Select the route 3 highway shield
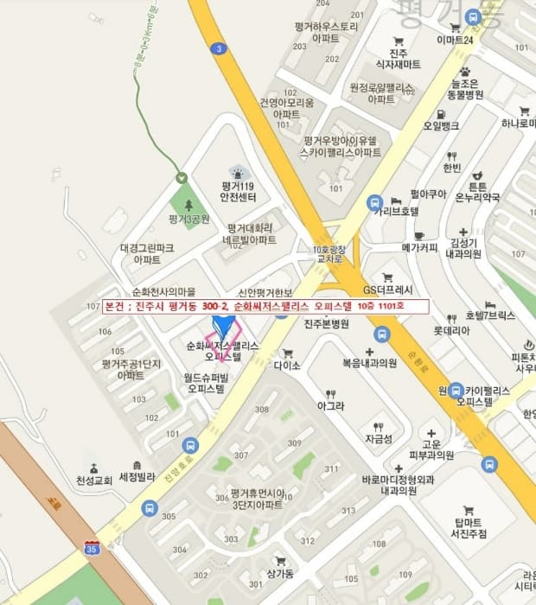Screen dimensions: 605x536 [220, 49]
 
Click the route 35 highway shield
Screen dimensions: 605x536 [92, 547]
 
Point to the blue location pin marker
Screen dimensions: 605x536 [224, 327]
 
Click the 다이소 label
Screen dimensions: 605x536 [286, 365]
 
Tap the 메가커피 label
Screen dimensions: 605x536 [421, 247]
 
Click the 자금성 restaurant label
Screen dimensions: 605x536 [378, 439]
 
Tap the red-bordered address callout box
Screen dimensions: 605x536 [265, 306]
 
